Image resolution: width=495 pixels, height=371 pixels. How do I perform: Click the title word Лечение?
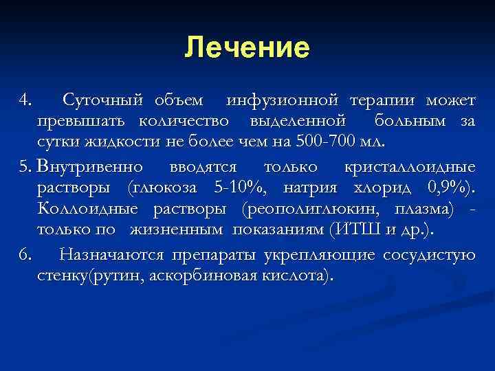pyautogui.click(x=247, y=47)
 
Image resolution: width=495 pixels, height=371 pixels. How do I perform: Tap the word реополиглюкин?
pyautogui.click(x=316, y=208)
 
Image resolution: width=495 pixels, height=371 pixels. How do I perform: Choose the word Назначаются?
pyautogui.click(x=111, y=255)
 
